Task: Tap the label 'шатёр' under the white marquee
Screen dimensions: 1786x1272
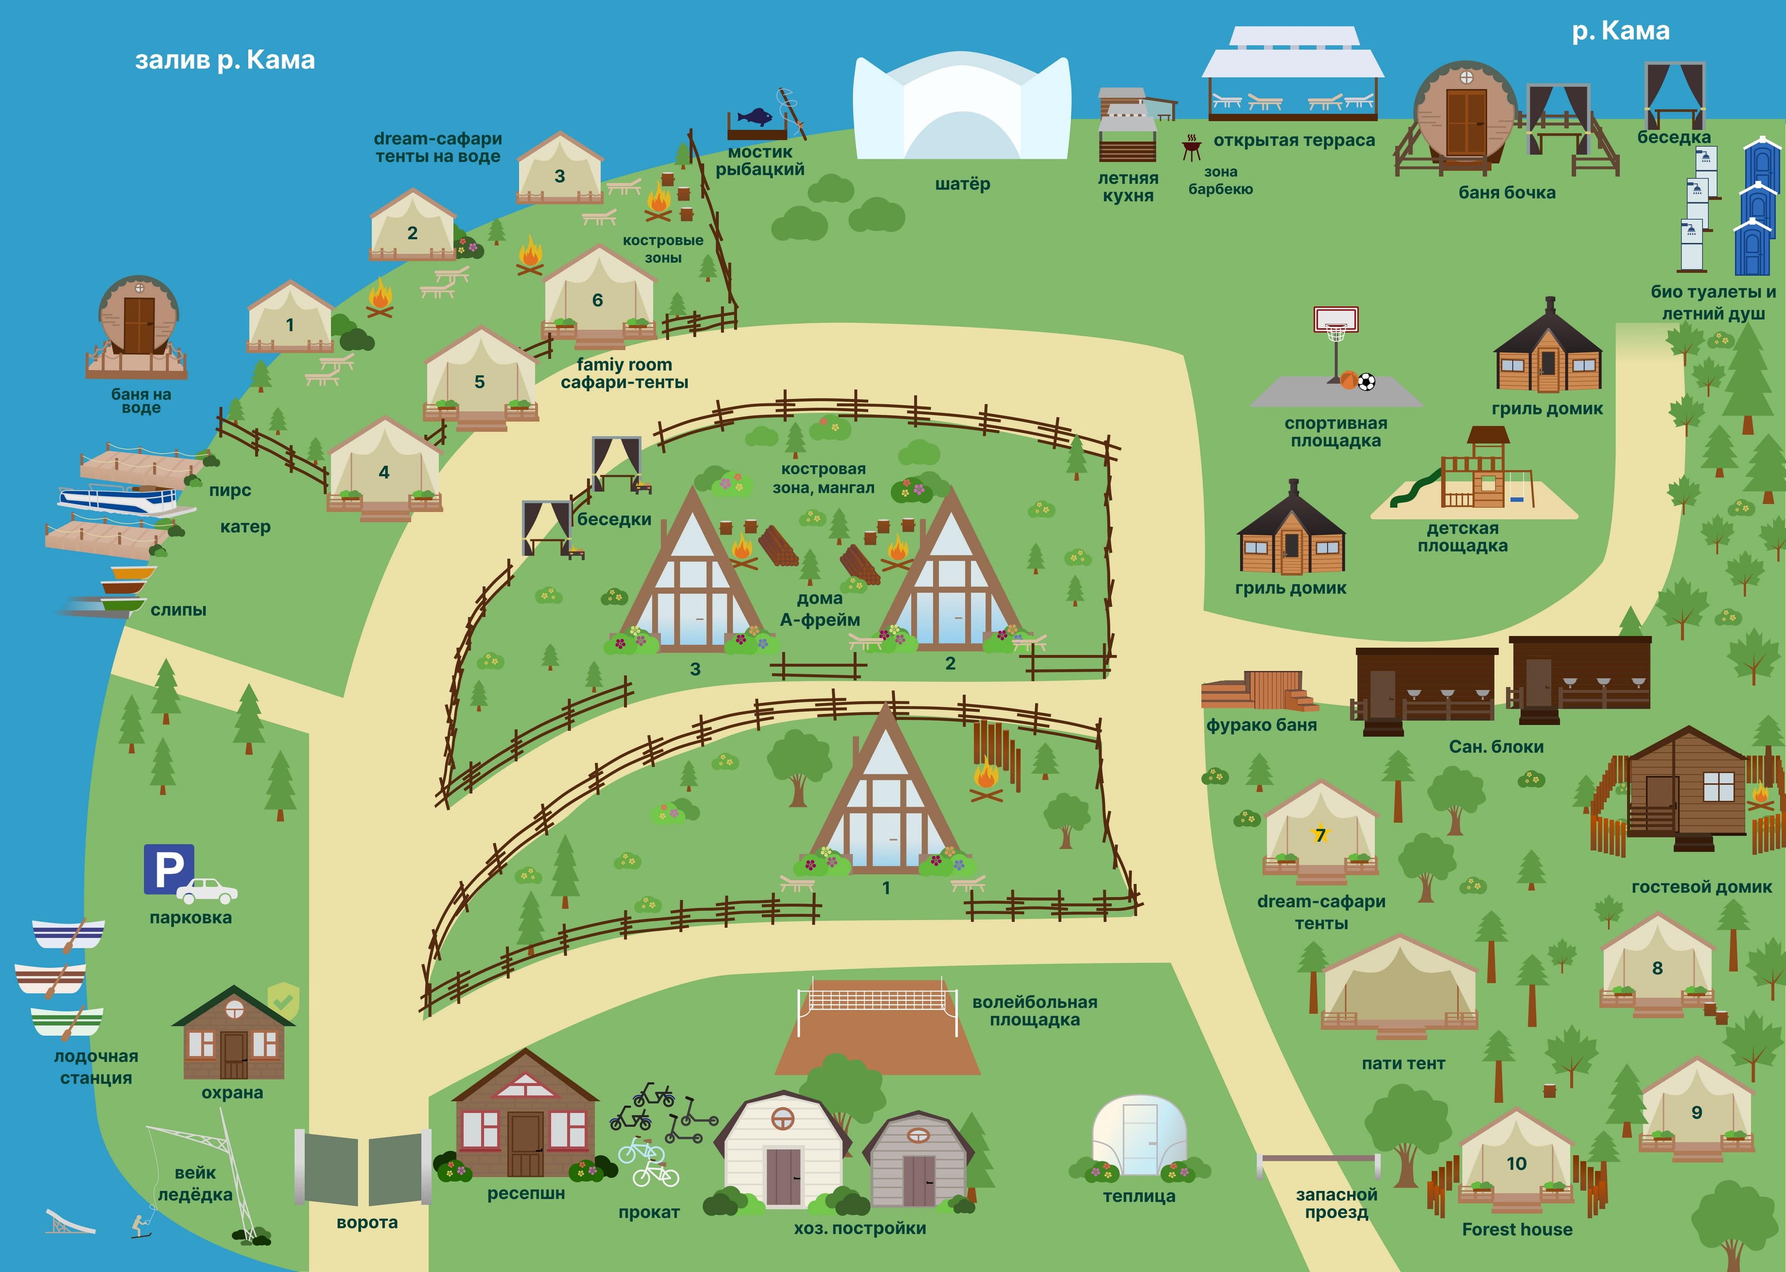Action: click(x=962, y=184)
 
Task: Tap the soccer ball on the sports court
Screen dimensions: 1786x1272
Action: click(x=1366, y=382)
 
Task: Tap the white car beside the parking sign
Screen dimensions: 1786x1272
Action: click(x=207, y=890)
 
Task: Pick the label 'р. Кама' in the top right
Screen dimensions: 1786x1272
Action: click(x=1621, y=31)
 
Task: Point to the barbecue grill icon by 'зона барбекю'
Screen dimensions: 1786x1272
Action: click(x=1191, y=147)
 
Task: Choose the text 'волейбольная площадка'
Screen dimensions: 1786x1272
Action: click(x=1034, y=1011)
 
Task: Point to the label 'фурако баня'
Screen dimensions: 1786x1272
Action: click(x=1261, y=725)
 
